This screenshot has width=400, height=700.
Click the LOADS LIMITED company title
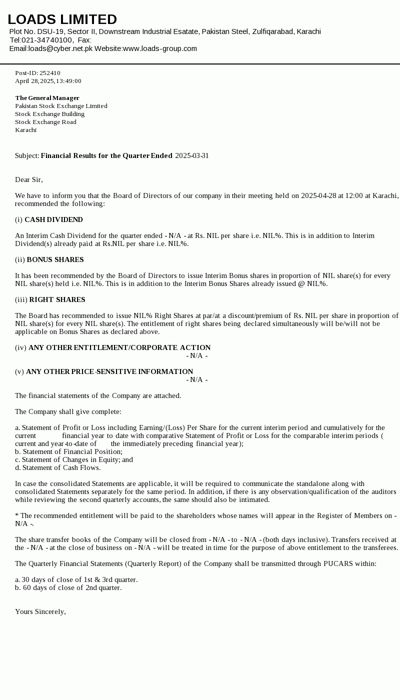pos(62,19)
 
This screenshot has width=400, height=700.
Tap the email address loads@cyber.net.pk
pos(60,48)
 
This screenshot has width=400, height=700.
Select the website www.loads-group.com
pos(159,48)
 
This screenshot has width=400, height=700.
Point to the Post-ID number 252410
pos(49,73)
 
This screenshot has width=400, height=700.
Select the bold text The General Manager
pos(47,98)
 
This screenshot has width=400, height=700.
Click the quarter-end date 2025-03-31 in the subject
pos(191,155)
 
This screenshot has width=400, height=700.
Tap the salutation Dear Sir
pos(28,179)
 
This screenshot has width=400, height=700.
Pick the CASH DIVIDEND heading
pos(53,219)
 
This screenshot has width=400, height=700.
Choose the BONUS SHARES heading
pos(55,259)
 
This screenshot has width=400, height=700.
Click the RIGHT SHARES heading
pos(57,299)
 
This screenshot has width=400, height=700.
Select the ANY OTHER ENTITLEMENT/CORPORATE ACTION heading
pos(119,347)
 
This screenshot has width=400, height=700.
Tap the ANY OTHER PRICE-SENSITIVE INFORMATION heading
pos(109,371)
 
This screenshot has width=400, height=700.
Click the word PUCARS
pos(338,563)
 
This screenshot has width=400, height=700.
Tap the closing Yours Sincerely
pos(40,611)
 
